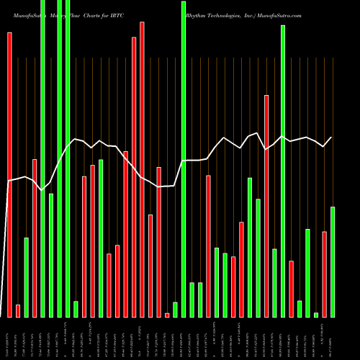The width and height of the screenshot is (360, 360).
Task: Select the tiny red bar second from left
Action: click(18, 310)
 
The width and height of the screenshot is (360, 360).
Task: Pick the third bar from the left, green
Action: click(26, 277)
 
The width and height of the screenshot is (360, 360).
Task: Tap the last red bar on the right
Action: click(324, 274)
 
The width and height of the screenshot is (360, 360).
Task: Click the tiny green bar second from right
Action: click(316, 315)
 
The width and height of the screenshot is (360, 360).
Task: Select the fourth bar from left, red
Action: click(35, 238)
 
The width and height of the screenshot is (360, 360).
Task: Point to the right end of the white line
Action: click(332, 138)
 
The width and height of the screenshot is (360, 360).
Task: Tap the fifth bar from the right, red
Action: click(291, 289)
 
